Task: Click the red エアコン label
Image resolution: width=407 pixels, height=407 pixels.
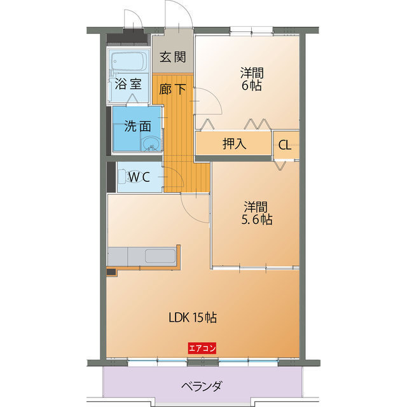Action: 203,348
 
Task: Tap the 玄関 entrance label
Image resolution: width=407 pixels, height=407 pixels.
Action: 172,57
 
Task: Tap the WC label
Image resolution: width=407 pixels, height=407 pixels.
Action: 139,177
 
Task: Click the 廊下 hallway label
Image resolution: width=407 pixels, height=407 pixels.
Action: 173,90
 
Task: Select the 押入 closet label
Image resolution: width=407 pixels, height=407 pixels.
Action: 234,144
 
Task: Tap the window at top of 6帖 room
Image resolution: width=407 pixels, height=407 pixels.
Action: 251,29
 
